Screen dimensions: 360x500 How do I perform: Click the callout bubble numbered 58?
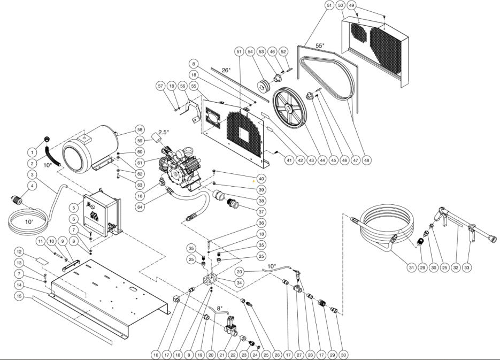[140, 130]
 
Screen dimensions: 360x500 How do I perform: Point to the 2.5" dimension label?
[163, 132]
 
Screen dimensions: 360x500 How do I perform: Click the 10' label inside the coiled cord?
[28, 221]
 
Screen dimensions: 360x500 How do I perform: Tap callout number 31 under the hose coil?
[411, 267]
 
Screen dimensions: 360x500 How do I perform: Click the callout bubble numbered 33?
[467, 267]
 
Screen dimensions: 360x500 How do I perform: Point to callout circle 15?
[19, 295]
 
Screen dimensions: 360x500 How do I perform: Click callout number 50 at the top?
[341, 5]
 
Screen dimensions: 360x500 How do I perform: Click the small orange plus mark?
[253, 182]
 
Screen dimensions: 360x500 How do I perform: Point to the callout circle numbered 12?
[19, 251]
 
